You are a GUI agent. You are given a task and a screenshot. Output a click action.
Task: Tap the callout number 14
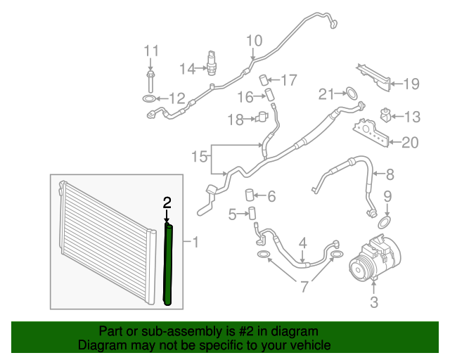187,68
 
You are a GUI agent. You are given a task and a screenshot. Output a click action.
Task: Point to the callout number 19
410,84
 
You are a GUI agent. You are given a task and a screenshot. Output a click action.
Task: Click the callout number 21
326,94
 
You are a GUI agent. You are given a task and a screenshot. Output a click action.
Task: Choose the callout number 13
411,117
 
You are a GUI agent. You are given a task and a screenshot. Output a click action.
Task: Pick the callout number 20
409,143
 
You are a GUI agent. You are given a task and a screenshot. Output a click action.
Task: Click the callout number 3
374,303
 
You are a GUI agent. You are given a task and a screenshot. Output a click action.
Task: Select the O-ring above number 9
385,221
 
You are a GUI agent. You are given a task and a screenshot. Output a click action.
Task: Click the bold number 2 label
167,202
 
